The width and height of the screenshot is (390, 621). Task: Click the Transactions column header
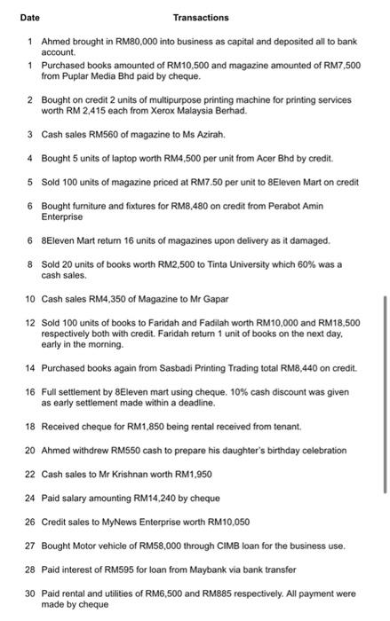pos(201,17)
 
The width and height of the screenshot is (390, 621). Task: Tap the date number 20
pos(30,451)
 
